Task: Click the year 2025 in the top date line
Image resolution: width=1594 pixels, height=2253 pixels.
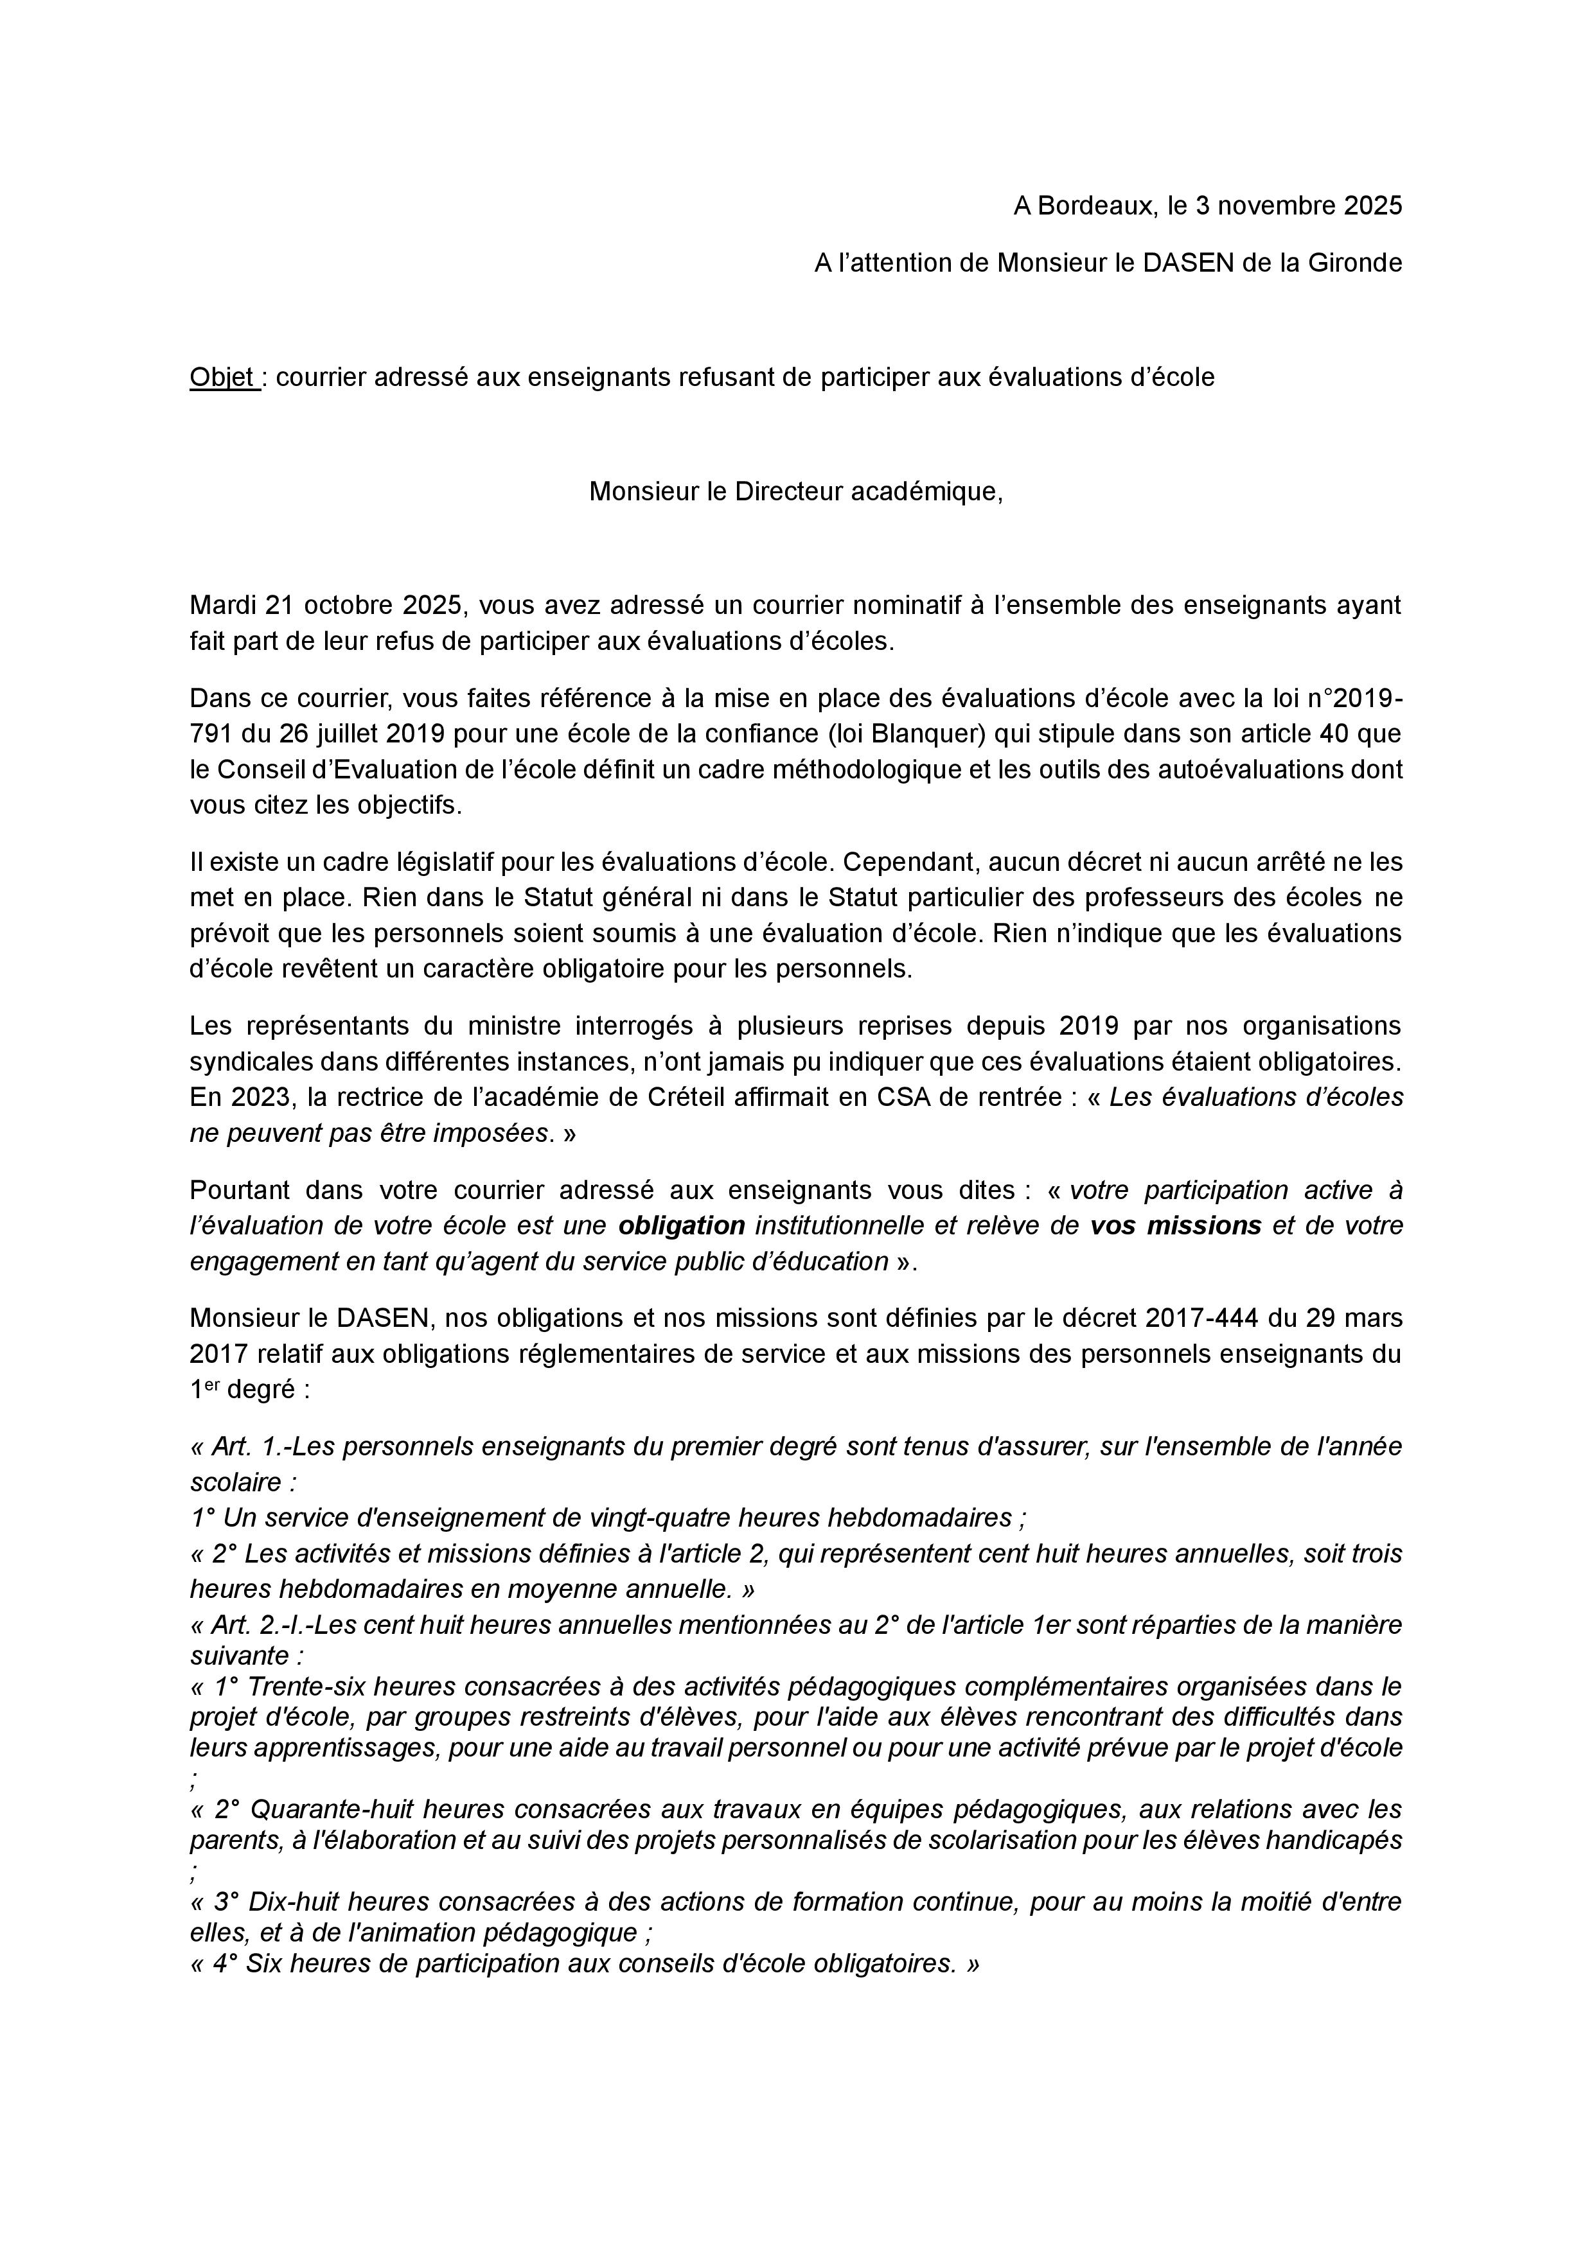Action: point(1373,206)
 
